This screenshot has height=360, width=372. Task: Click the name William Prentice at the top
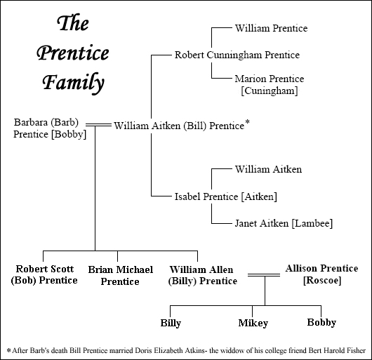pyautogui.click(x=271, y=28)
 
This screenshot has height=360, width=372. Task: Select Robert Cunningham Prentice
pyautogui.click(x=237, y=55)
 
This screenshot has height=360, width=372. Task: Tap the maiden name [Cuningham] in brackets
pyautogui.click(x=270, y=91)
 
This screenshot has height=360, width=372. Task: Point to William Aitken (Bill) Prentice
pyautogui.click(x=179, y=126)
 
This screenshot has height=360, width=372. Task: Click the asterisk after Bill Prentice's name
pyautogui.click(x=247, y=122)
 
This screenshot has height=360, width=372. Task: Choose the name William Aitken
pyautogui.click(x=268, y=169)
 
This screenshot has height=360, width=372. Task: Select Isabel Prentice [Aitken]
pyautogui.click(x=225, y=196)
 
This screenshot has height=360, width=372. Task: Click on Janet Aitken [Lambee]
pyautogui.click(x=284, y=223)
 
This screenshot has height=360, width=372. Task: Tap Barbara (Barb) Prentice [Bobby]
pyautogui.click(x=50, y=128)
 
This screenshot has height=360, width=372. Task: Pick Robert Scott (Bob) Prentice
pyautogui.click(x=44, y=274)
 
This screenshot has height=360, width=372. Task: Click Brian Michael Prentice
pyautogui.click(x=120, y=275)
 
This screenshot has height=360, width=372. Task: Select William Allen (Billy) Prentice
pyautogui.click(x=202, y=275)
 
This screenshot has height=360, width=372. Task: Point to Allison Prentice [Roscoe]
pyautogui.click(x=321, y=274)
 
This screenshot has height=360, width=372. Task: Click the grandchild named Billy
pyautogui.click(x=171, y=323)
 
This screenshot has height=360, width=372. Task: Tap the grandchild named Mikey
pyautogui.click(x=253, y=323)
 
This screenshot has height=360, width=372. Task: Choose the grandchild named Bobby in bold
pyautogui.click(x=321, y=323)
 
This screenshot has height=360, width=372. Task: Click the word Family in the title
pyautogui.click(x=73, y=82)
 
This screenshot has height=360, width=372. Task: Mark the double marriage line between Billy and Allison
pyautogui.click(x=264, y=275)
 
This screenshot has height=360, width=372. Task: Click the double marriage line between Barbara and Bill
pyautogui.click(x=98, y=125)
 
